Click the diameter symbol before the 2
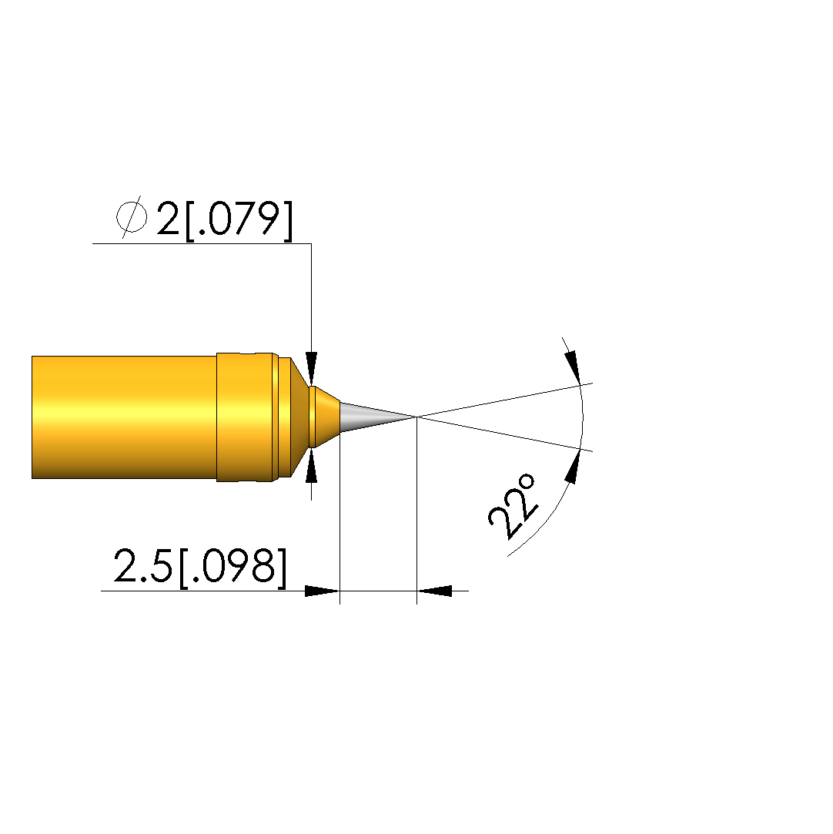pos(132,217)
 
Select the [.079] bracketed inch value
pos(239,220)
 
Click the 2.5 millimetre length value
pos(143,565)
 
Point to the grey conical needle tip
pos(377,417)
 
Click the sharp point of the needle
pos(416,417)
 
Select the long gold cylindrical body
pos(125,417)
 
